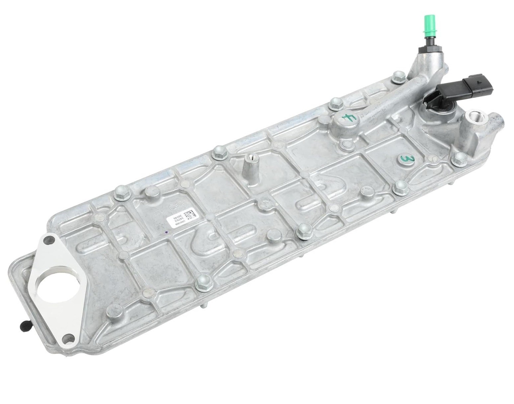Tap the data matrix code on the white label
(x=190, y=214)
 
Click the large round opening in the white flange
(x=52, y=290)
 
